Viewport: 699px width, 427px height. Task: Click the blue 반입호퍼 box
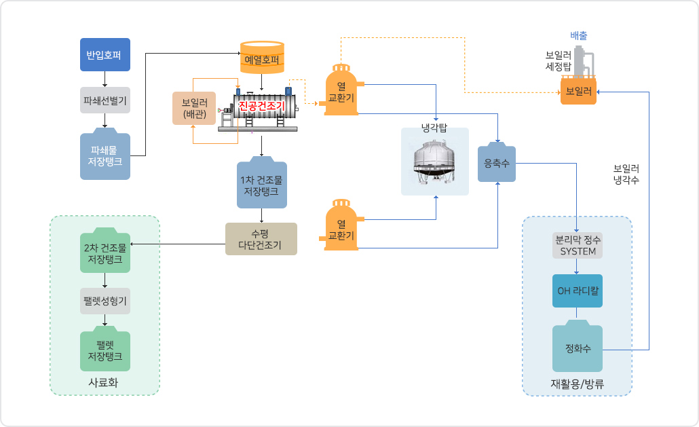[x=105, y=54]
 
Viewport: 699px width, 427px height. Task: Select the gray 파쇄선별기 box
[x=105, y=100]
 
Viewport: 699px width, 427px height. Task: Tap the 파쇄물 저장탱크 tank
[x=105, y=154]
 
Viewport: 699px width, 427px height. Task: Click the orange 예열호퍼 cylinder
[x=262, y=58]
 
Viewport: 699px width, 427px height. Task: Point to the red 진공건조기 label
[x=262, y=106]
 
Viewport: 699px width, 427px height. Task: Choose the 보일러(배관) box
[x=194, y=109]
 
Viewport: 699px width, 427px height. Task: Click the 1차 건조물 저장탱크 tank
[x=262, y=183]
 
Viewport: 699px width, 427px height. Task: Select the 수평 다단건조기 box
[x=261, y=239]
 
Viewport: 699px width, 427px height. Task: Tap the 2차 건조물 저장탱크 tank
[x=105, y=250]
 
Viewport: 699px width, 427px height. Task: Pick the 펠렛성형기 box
[x=105, y=301]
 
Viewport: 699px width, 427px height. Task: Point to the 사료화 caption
[x=103, y=382]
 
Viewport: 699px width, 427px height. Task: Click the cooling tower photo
[x=434, y=162]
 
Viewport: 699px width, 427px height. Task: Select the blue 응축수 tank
[x=497, y=162]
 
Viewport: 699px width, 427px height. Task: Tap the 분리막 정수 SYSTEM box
[x=578, y=246]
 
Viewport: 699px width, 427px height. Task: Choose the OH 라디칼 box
[x=578, y=291]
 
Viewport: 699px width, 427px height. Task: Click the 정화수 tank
[x=578, y=346]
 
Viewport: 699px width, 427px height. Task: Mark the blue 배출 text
[x=579, y=36]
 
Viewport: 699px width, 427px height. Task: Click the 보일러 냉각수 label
[x=626, y=174]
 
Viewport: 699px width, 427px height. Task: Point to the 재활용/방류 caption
[x=578, y=384]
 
